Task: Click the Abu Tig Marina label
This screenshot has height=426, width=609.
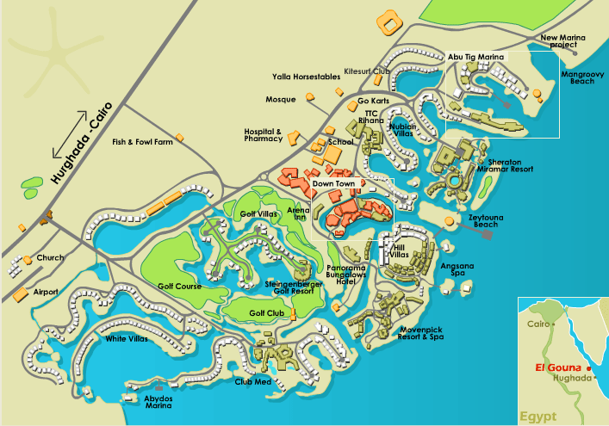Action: pos(475,57)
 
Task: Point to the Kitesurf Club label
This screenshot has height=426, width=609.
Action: pos(368,71)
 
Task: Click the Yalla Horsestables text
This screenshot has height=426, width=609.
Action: pos(306,77)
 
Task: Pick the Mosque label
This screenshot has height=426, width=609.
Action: pos(281,99)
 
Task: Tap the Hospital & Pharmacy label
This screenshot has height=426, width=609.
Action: pos(263,134)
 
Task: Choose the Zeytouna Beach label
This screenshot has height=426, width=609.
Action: pos(488,222)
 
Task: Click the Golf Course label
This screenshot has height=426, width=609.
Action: pos(179,286)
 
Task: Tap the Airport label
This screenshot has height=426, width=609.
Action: pos(45,292)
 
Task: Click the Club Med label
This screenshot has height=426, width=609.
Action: pos(253,381)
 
